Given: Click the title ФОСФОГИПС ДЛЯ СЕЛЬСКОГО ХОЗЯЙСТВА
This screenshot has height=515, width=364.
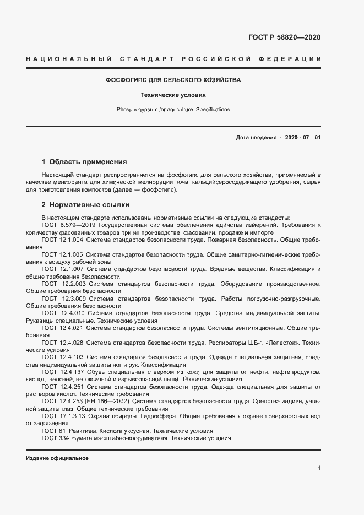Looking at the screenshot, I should click(173, 80).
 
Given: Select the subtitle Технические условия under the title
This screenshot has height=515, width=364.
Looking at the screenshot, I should click(173, 95).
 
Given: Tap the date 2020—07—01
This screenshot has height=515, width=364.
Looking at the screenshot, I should click(302, 137).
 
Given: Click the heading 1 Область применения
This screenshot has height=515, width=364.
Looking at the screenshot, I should click(84, 162).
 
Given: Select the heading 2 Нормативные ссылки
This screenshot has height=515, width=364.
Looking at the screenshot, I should click(85, 205).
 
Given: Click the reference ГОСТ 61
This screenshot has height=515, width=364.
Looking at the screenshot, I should click(54, 431).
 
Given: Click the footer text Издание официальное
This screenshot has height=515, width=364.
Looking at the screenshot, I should click(57, 458).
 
